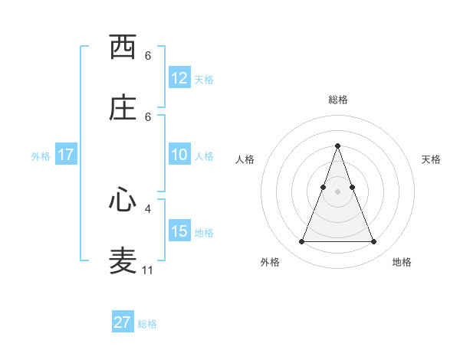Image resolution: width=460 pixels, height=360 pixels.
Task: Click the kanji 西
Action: click(123, 47)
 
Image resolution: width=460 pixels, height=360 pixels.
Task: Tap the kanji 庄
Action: click(123, 108)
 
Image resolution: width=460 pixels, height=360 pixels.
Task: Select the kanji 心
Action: click(123, 200)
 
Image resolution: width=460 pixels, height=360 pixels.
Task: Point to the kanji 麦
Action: click(123, 261)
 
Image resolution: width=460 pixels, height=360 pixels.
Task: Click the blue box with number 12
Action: click(179, 78)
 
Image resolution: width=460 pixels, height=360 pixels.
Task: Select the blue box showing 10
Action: click(179, 155)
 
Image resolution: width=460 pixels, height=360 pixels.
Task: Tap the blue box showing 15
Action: click(179, 232)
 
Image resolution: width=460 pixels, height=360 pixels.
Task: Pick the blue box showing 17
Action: click(66, 155)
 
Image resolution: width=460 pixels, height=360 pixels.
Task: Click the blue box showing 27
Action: click(123, 322)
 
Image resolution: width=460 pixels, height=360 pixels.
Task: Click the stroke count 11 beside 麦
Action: click(148, 270)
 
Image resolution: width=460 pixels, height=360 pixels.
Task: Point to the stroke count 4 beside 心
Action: click(148, 208)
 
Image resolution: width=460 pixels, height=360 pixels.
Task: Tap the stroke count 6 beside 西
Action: click(148, 56)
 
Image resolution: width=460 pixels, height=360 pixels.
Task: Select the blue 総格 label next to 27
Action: click(147, 324)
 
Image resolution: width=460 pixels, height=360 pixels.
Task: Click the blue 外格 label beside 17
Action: click(41, 156)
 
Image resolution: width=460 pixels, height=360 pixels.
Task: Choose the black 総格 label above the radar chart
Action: click(337, 100)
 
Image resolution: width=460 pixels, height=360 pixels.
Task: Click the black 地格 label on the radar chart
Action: click(402, 262)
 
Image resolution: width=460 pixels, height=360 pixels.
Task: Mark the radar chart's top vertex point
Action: click(337, 146)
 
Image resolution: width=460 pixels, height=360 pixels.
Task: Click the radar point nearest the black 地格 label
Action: click(373, 242)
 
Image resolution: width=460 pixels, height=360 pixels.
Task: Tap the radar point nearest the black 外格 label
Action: click(301, 242)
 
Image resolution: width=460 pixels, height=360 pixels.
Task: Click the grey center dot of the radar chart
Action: click(337, 191)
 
